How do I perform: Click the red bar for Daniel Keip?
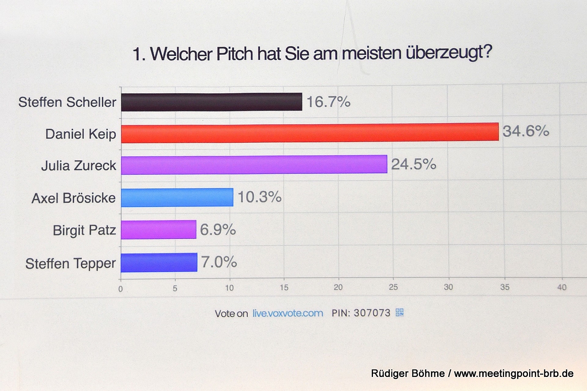tap(310, 133)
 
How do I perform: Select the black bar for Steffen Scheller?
tap(211, 102)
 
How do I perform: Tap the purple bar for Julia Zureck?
tap(254, 165)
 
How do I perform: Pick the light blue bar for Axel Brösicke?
tap(177, 197)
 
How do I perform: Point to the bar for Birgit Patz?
tap(158, 230)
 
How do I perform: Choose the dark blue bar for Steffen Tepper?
tap(159, 262)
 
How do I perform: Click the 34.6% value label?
tap(526, 131)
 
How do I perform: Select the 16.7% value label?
tap(328, 102)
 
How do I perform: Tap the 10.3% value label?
tap(259, 197)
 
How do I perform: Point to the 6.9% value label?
tap(218, 230)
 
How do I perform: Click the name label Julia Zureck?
tap(79, 166)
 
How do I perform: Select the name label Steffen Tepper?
tap(70, 264)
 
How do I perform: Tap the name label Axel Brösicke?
tap(74, 198)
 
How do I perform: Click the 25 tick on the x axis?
tap(393, 287)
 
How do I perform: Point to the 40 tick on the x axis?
tap(562, 287)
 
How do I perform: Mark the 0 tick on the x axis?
tap(121, 289)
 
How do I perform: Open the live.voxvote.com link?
tap(288, 313)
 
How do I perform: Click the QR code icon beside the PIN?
tap(400, 312)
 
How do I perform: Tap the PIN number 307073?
tap(372, 313)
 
